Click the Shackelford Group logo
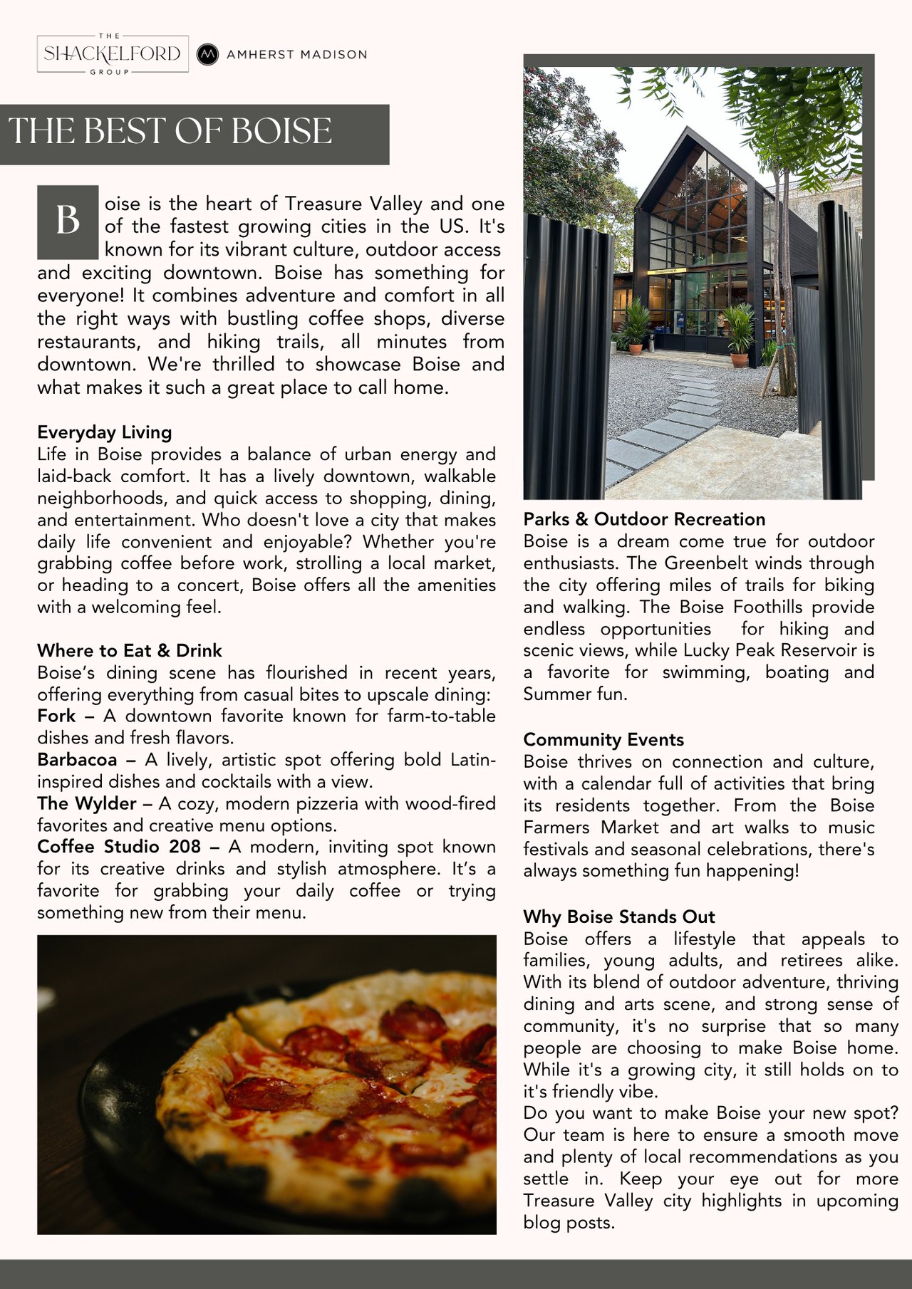(x=113, y=54)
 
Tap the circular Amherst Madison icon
(x=207, y=54)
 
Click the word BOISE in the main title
(x=281, y=132)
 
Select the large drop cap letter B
(x=68, y=221)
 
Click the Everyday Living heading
(x=105, y=432)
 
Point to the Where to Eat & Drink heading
(x=130, y=650)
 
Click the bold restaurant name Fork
(x=56, y=716)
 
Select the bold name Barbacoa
(x=77, y=760)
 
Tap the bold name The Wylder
(x=86, y=803)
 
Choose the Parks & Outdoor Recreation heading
(x=644, y=519)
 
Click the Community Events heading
(x=603, y=739)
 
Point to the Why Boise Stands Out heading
(x=619, y=917)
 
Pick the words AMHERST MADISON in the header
(x=296, y=55)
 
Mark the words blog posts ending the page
(x=569, y=1223)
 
